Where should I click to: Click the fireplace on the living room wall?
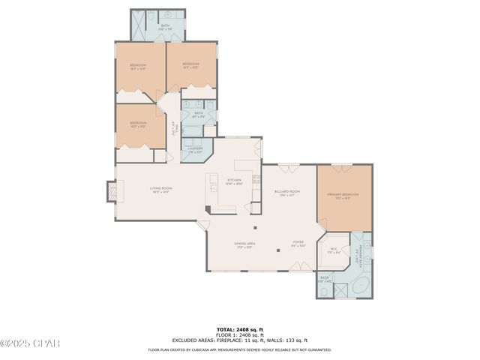point(112,193)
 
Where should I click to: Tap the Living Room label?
point(160,189)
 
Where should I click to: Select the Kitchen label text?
point(235,181)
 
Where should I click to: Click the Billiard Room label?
point(287,193)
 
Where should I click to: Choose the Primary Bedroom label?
point(343,195)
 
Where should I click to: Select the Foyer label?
point(298,243)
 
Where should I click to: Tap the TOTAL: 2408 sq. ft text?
point(239,328)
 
